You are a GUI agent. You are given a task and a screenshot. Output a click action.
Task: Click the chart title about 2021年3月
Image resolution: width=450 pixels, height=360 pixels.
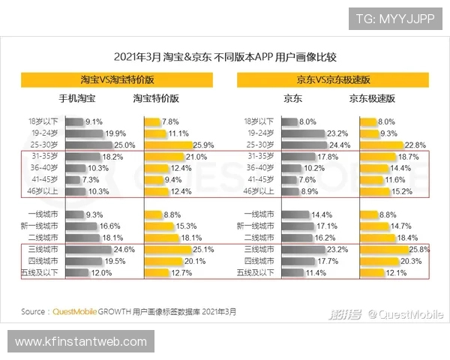(x=224, y=55)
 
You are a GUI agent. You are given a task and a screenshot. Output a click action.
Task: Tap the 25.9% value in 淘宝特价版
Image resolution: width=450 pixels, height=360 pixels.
(x=204, y=145)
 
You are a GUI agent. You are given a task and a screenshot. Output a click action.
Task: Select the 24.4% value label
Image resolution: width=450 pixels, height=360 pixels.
(x=340, y=145)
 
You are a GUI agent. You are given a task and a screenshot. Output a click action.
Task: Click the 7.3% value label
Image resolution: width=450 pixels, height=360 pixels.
(x=89, y=180)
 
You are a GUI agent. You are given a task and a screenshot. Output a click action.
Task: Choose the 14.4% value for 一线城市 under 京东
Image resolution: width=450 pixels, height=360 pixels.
(x=321, y=214)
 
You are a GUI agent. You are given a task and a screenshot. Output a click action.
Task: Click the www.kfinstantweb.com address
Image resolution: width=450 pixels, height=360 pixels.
(x=81, y=342)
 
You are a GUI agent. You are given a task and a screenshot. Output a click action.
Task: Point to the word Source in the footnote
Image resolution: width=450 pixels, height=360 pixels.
(x=34, y=311)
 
